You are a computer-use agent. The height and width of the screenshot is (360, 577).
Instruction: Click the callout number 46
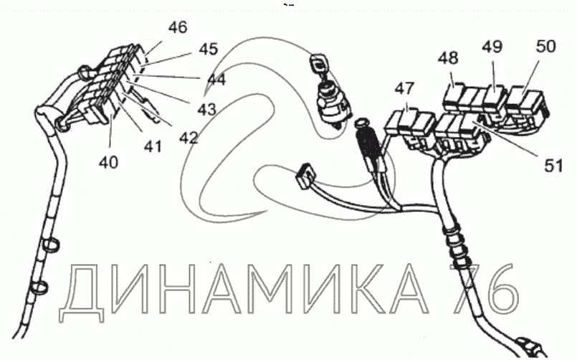pyautogui.click(x=177, y=28)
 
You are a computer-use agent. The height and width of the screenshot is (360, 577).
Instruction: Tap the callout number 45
pyautogui.click(x=208, y=49)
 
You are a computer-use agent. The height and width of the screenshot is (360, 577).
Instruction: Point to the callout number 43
pyautogui.click(x=206, y=110)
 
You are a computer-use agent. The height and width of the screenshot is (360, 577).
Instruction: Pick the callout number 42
pyautogui.click(x=187, y=136)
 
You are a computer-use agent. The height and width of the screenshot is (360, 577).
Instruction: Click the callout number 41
pyautogui.click(x=152, y=146)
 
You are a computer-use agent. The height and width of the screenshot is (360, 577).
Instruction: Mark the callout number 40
pyautogui.click(x=109, y=163)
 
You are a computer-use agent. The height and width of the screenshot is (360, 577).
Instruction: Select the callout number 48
pyautogui.click(x=449, y=58)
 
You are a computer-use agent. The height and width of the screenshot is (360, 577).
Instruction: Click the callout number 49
pyautogui.click(x=492, y=47)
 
